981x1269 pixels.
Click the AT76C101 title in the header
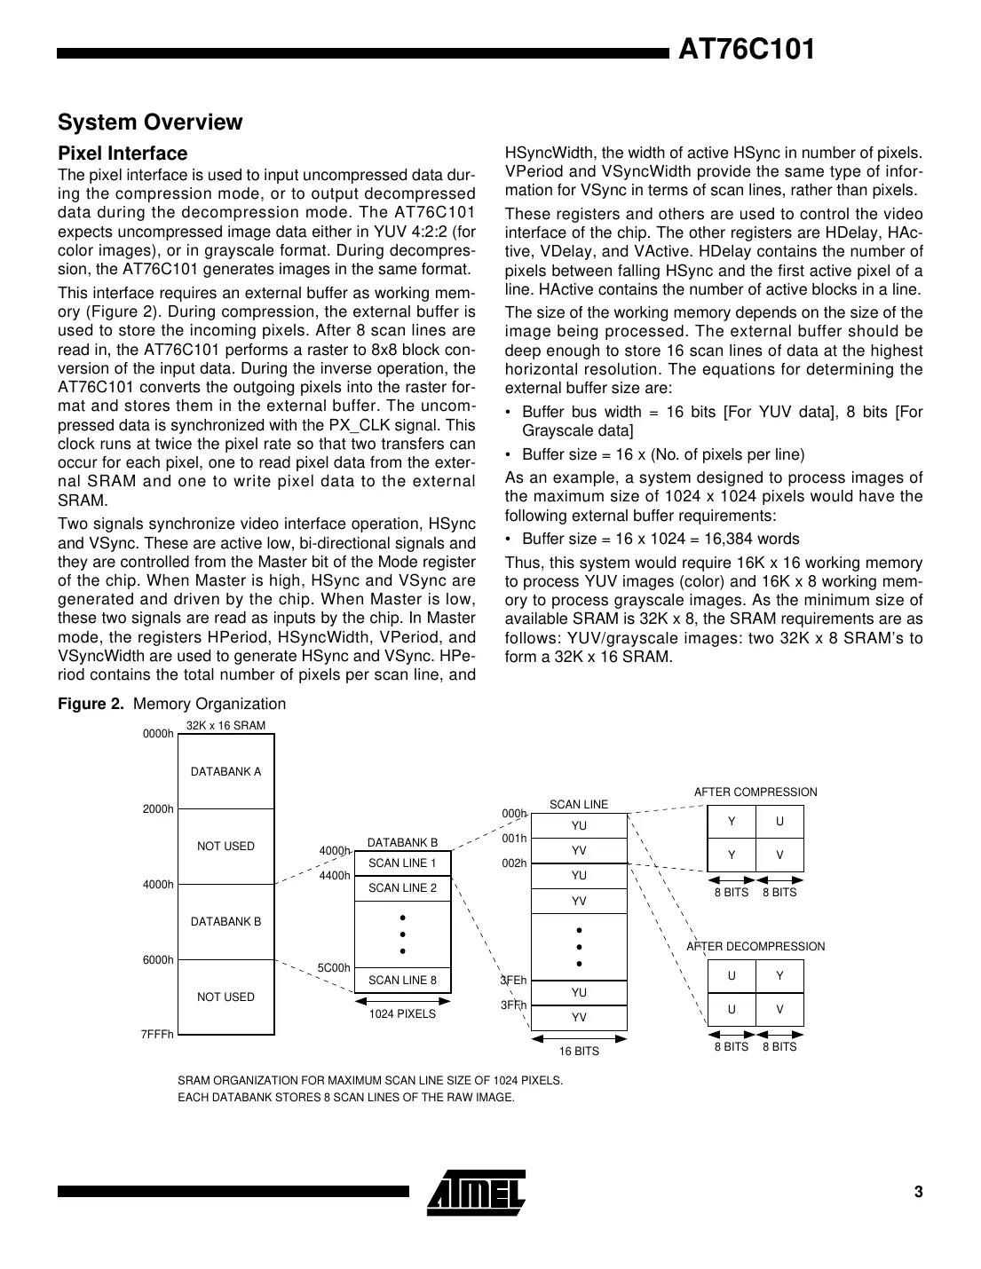click(x=746, y=50)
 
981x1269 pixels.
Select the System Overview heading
click(x=150, y=122)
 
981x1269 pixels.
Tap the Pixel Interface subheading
click(x=123, y=154)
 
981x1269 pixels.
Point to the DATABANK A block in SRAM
click(x=225, y=771)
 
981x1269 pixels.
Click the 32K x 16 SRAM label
click(x=225, y=726)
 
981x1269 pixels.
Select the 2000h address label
click(x=158, y=809)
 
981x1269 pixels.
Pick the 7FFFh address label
click(x=157, y=1035)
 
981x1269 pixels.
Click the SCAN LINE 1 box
click(x=402, y=863)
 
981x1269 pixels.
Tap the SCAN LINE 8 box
click(x=402, y=980)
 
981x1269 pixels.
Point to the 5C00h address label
click(x=334, y=967)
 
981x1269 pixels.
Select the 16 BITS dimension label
click(x=579, y=1051)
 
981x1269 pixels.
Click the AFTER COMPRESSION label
click(x=755, y=792)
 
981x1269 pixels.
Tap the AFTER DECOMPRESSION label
click(x=756, y=946)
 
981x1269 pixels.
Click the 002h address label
click(x=514, y=863)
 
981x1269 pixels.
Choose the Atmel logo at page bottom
click(x=477, y=1191)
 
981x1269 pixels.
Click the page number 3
click(x=918, y=1192)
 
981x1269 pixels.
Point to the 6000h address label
click(x=158, y=960)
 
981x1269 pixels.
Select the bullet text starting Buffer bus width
click(x=722, y=422)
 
